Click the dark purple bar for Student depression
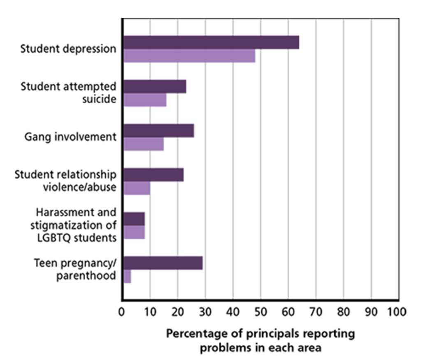[211, 42]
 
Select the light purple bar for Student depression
[189, 56]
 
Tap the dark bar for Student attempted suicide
[155, 87]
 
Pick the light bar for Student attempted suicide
[145, 100]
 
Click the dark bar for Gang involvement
[158, 131]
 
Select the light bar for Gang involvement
[144, 144]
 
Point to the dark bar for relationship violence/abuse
[153, 175]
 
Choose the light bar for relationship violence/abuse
[137, 188]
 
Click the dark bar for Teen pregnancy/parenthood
[163, 263]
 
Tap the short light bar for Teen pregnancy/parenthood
[127, 276]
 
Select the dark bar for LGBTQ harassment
[134, 219]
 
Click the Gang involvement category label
[70, 137]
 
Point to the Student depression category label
[69, 49]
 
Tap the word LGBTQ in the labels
[51, 238]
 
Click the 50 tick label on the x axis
[260, 311]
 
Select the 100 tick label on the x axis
[396, 311]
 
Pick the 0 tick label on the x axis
[122, 311]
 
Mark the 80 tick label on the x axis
[343, 311]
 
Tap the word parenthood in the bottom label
[86, 275]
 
